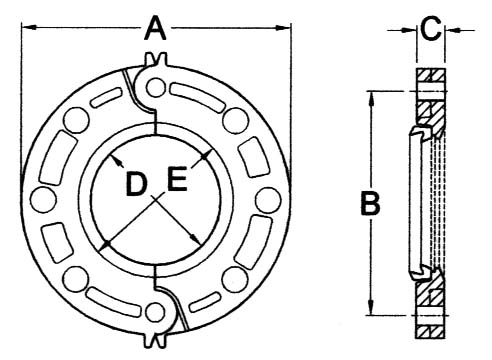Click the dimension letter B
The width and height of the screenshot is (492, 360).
[x=370, y=204]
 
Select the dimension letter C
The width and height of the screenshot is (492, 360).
[x=429, y=28]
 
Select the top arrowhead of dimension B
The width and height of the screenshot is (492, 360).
[x=371, y=95]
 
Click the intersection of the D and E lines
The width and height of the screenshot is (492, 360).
[x=154, y=199]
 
